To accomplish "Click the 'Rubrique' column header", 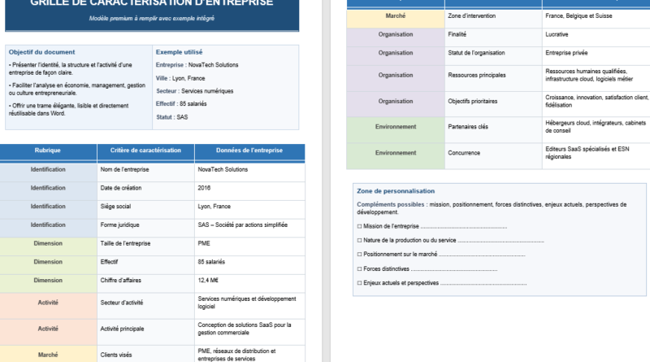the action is [x=47, y=151].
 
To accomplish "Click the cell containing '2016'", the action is [x=204, y=188].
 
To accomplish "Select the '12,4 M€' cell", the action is [x=208, y=281].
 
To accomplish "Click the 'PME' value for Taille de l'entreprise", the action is [x=204, y=243].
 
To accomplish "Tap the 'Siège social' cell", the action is [x=115, y=207].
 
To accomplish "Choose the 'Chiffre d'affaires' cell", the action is [x=122, y=281].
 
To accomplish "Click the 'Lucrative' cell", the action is [x=557, y=35].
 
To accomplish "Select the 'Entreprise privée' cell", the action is [x=567, y=53].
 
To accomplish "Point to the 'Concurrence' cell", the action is [x=463, y=152].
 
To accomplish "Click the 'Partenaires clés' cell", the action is [x=467, y=127].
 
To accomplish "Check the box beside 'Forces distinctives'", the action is [x=359, y=268].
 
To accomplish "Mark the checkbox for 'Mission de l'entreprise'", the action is [x=359, y=226].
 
